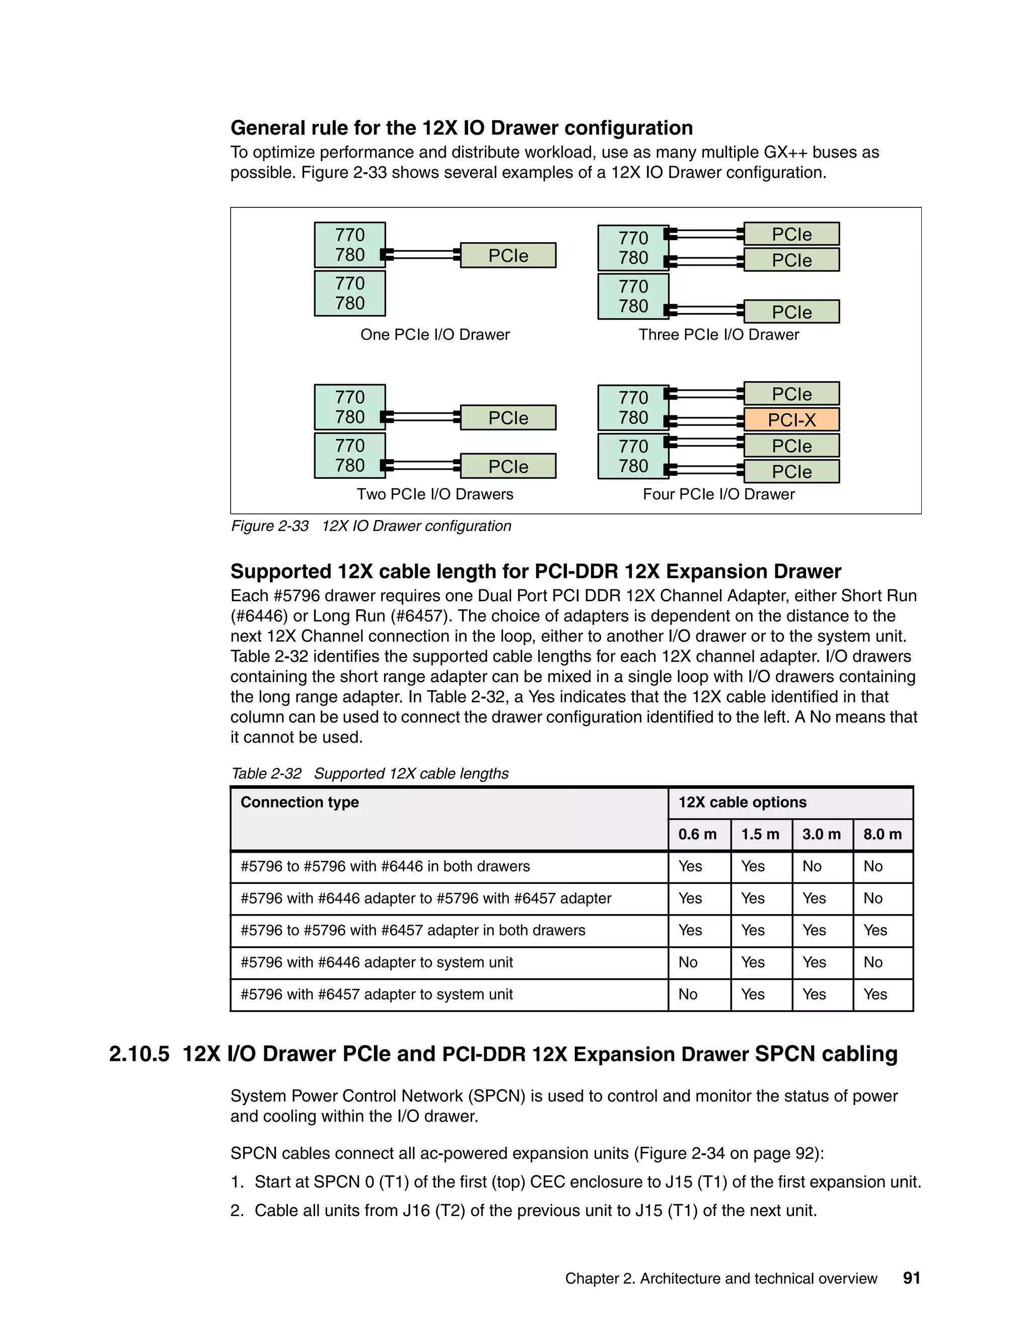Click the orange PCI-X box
[x=791, y=420]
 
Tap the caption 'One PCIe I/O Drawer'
[x=434, y=335]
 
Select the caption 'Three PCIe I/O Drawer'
[x=718, y=335]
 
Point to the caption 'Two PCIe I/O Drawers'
[x=434, y=494]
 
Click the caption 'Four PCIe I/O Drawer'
[x=718, y=494]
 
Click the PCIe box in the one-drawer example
[x=507, y=255]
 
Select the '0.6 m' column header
[x=697, y=834]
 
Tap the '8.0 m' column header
[x=882, y=834]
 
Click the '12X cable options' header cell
[x=742, y=802]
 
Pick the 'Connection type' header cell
[x=300, y=802]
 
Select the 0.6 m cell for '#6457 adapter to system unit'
[x=688, y=994]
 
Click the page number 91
[x=911, y=1278]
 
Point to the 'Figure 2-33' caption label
[x=269, y=526]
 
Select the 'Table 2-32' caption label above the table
[x=266, y=773]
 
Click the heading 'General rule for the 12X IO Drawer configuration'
[x=461, y=128]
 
